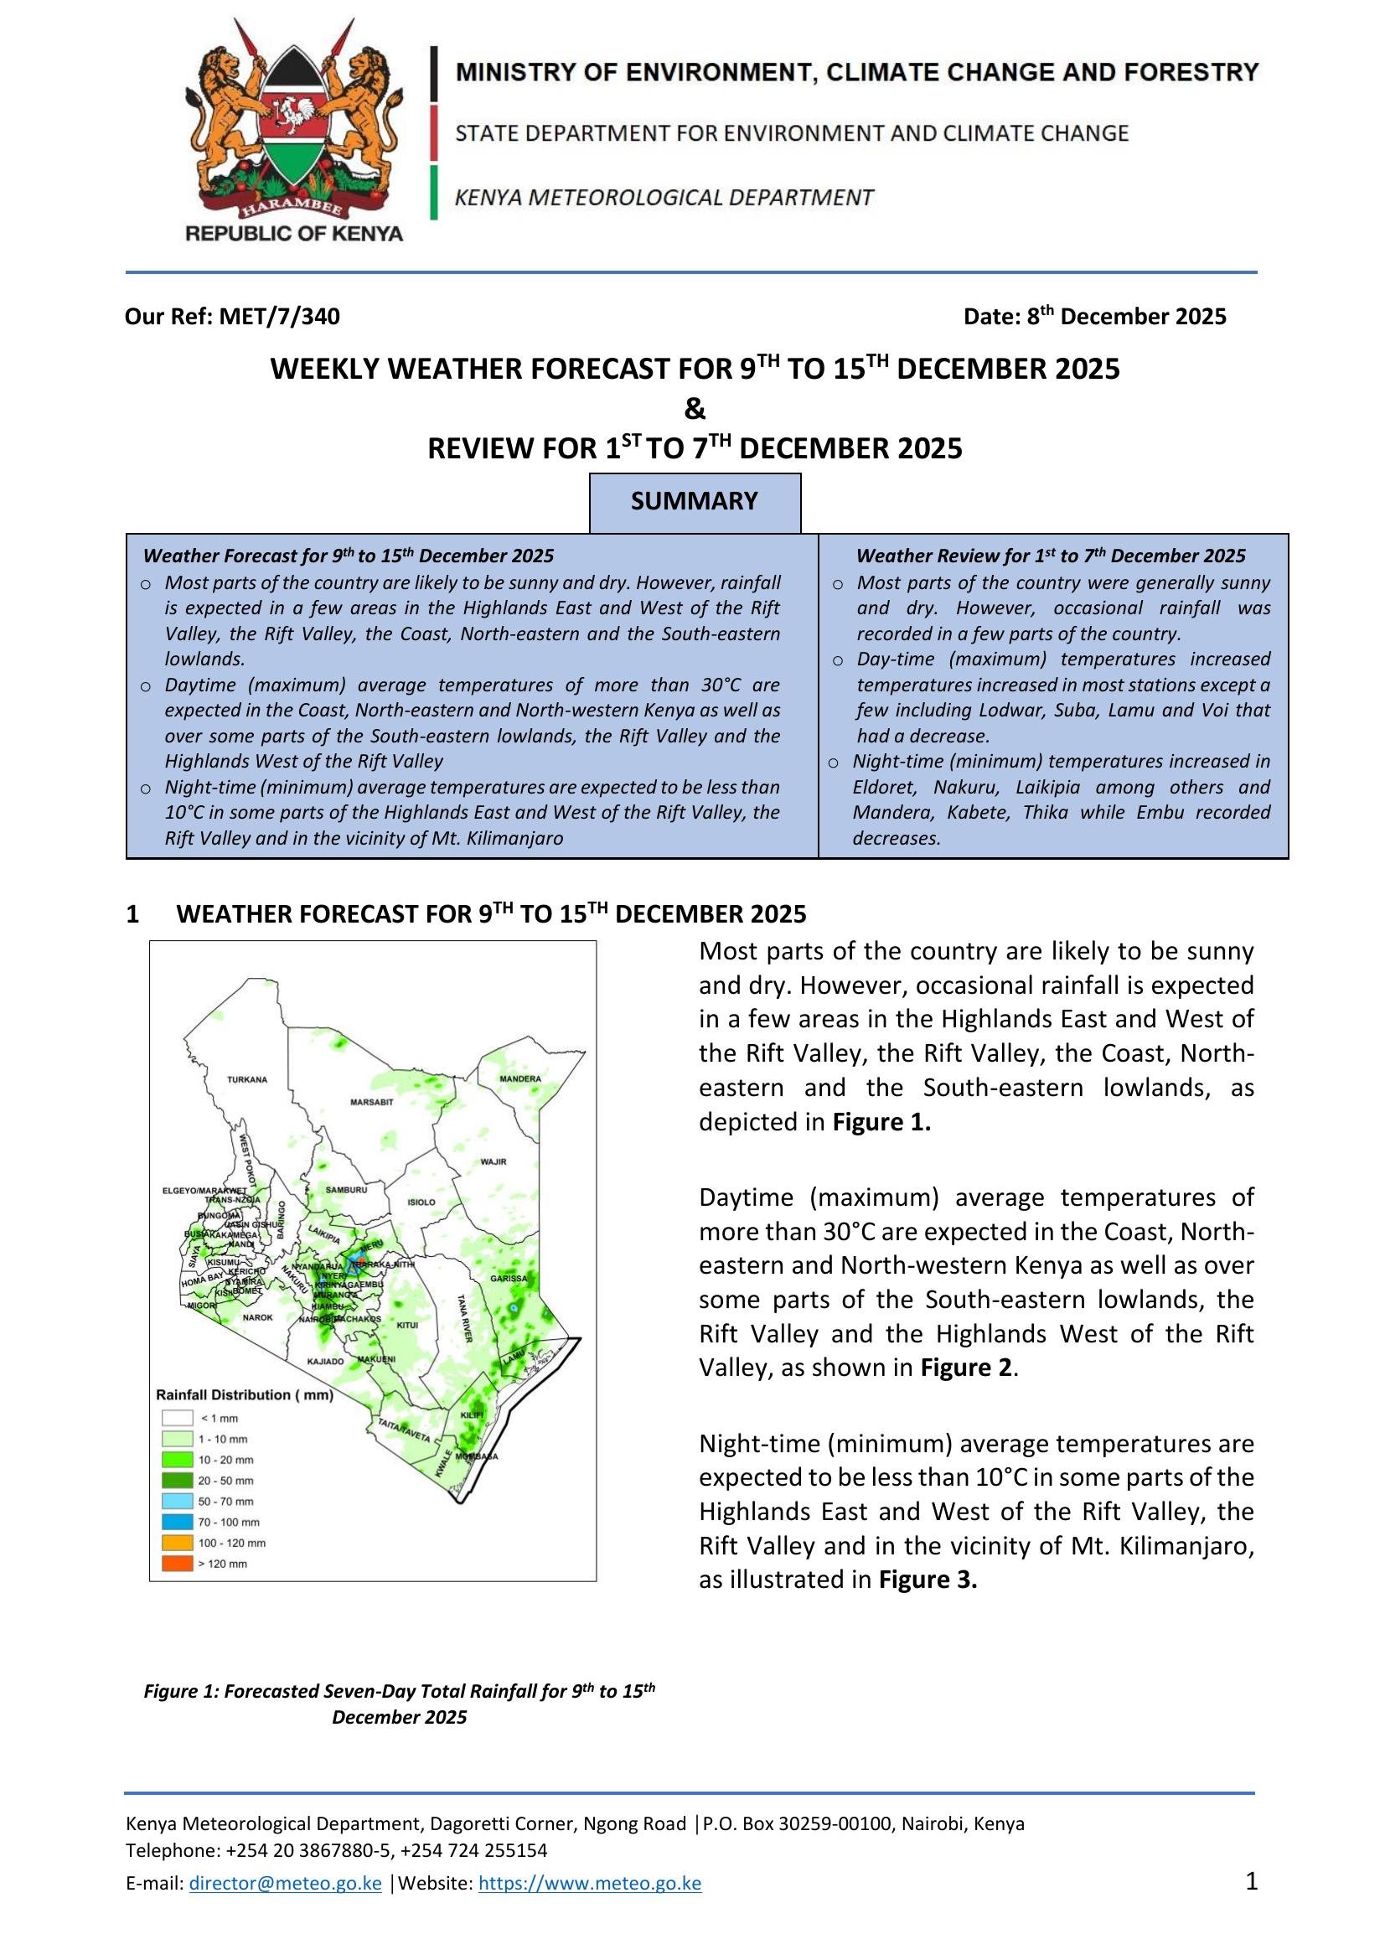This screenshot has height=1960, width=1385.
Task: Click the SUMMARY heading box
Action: pos(695,501)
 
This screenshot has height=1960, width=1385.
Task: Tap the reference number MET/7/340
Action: pos(279,317)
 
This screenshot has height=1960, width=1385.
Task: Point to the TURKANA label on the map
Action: pos(246,1080)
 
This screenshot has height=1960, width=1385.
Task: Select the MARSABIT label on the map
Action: pos(372,1103)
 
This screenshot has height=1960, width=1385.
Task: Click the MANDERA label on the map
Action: pos(519,1079)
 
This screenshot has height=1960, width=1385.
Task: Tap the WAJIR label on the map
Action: pos(494,1161)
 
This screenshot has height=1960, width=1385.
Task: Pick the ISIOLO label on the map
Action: pos(421,1202)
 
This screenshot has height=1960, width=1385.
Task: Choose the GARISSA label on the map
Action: pos(509,1279)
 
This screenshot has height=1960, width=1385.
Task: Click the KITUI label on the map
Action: pos(408,1325)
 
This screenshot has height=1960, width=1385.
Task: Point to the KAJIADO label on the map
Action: pos(325,1361)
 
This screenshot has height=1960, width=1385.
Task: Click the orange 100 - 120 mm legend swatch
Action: pos(178,1544)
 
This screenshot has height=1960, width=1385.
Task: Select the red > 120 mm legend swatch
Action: pos(178,1564)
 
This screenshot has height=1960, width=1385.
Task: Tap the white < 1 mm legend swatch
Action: pos(178,1418)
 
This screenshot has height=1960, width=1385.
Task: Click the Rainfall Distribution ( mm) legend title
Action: pos(244,1395)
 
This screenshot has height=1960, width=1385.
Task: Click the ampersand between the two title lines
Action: pos(695,409)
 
